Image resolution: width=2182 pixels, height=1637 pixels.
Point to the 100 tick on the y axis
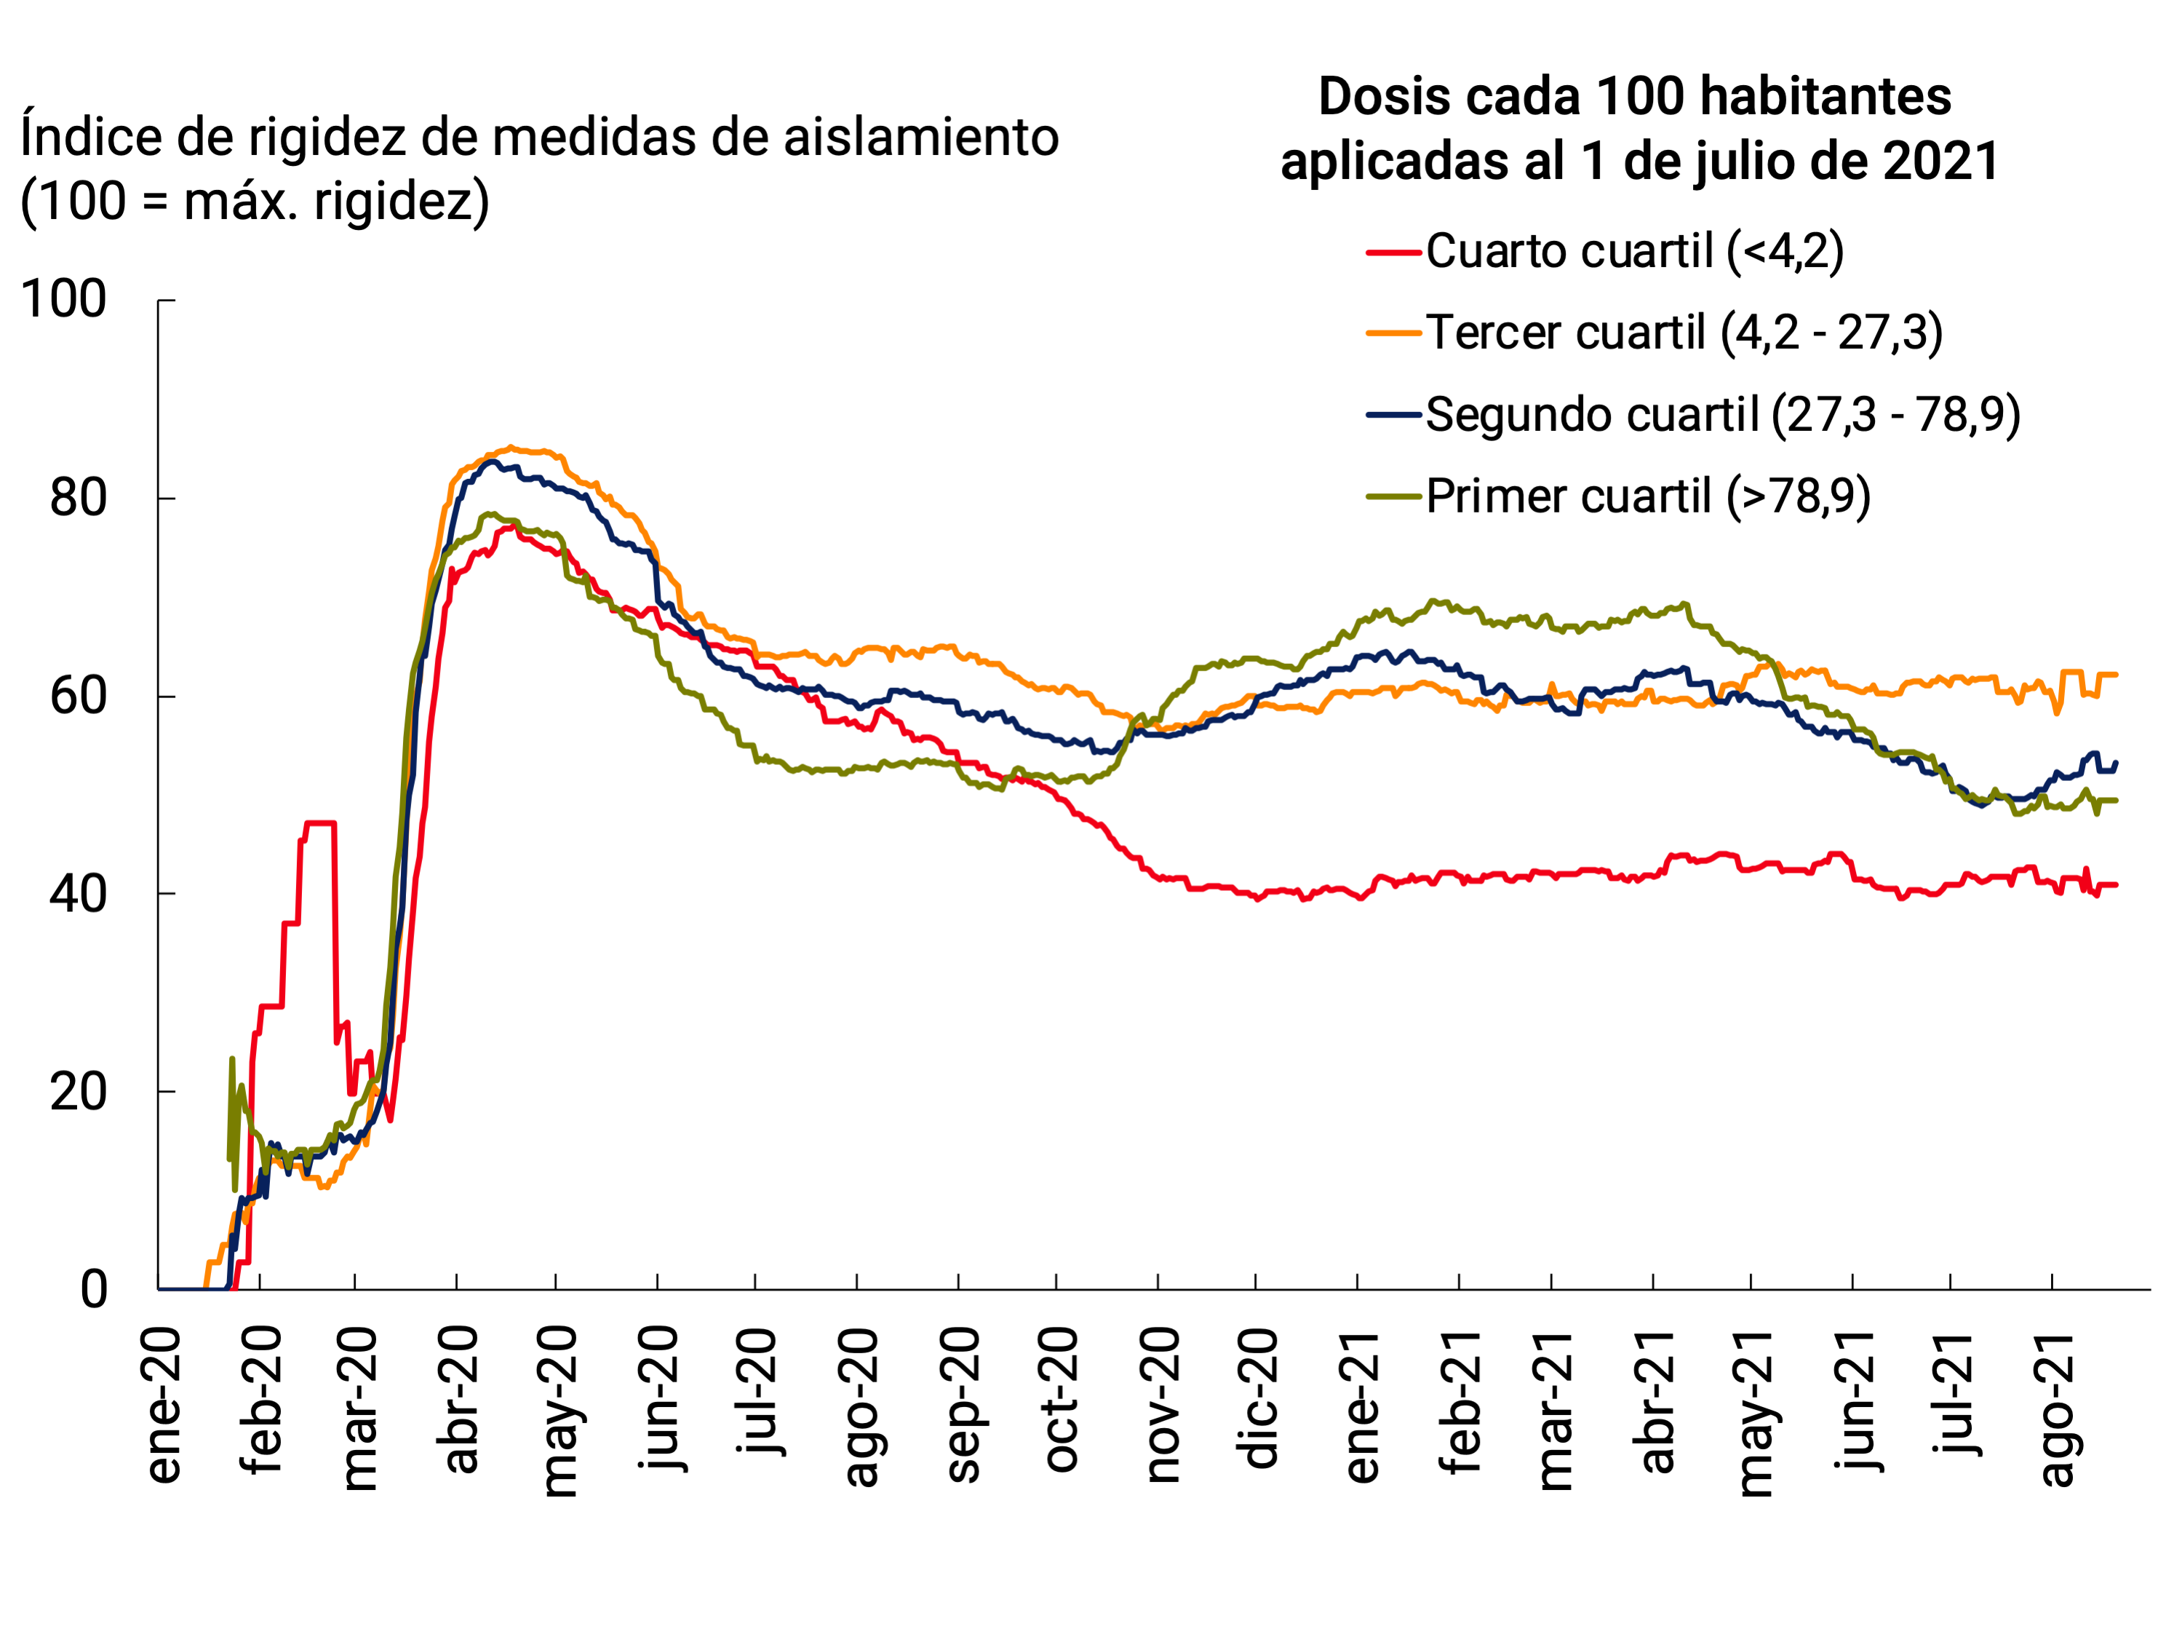[x=64, y=299]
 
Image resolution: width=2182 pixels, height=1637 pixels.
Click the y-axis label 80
[x=78, y=499]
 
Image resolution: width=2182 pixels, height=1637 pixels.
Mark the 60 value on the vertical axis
[x=78, y=697]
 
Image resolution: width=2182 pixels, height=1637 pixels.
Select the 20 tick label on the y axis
[x=78, y=1093]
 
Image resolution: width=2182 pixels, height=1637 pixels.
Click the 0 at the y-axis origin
[x=94, y=1290]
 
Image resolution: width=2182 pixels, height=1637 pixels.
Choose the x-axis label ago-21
[x=2058, y=1409]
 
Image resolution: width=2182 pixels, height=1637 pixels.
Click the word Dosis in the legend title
[x=1385, y=97]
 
